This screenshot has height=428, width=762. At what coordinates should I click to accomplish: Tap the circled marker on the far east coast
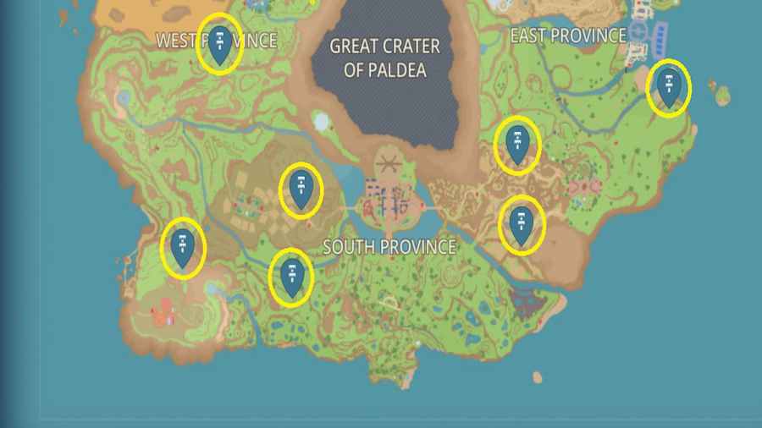pyautogui.click(x=669, y=87)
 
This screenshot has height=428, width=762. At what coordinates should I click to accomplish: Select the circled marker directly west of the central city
pyautogui.click(x=301, y=189)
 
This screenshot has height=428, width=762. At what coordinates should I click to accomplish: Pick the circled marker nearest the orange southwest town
pyautogui.click(x=183, y=248)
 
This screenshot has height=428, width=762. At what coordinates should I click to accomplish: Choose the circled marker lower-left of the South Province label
pyautogui.click(x=292, y=277)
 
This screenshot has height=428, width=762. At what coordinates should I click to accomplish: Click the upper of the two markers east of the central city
pyautogui.click(x=517, y=145)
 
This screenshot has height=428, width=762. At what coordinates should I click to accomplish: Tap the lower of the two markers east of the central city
pyautogui.click(x=521, y=224)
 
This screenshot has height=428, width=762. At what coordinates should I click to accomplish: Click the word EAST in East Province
pyautogui.click(x=530, y=36)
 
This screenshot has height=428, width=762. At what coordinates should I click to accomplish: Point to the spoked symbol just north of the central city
pyautogui.click(x=388, y=162)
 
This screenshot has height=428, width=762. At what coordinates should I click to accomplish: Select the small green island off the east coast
pyautogui.click(x=722, y=96)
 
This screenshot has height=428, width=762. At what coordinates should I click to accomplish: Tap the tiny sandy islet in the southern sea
pyautogui.click(x=537, y=377)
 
